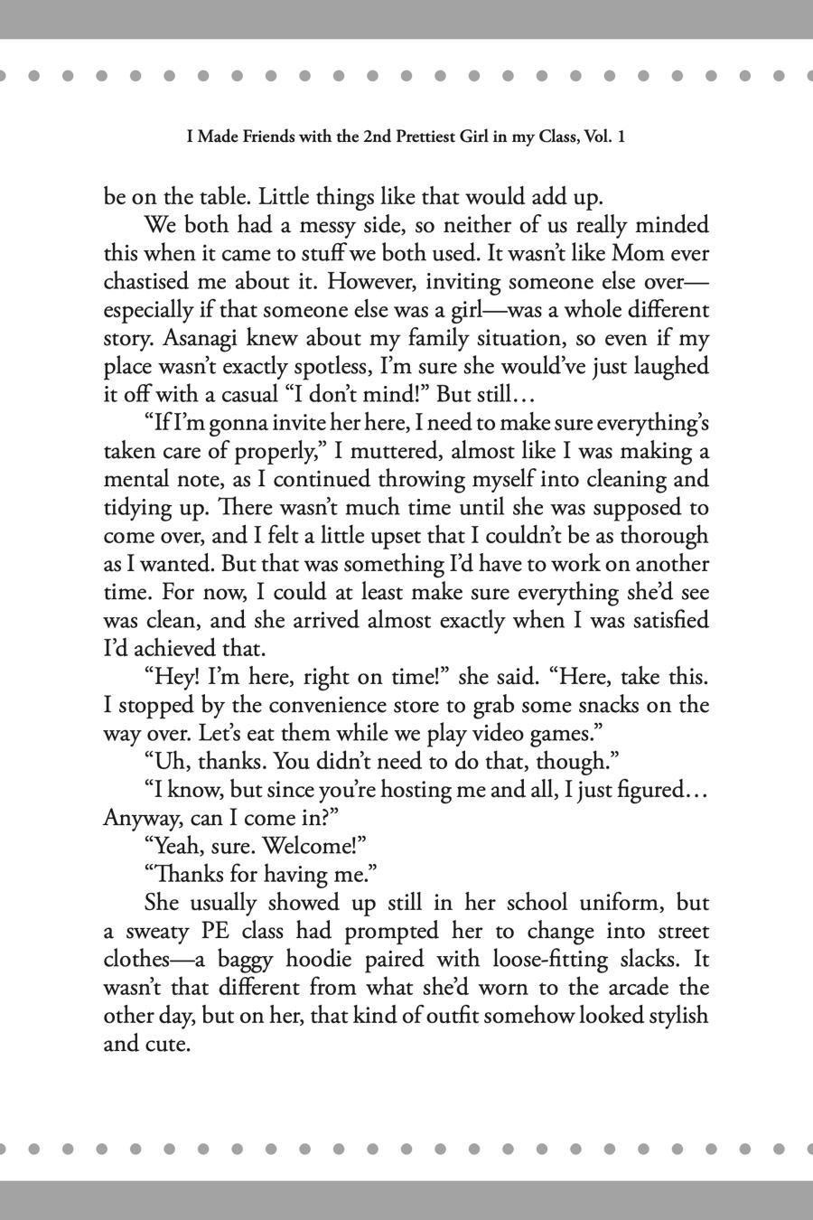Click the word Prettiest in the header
click(427, 137)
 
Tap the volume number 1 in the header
click(622, 137)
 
